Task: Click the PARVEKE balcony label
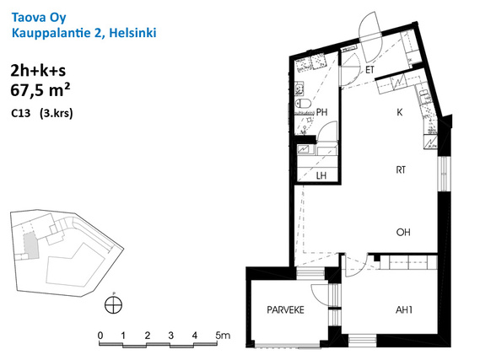click(x=285, y=310)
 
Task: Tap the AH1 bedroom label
click(x=404, y=310)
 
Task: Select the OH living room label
click(x=403, y=232)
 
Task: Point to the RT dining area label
click(x=401, y=169)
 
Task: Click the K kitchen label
click(x=400, y=112)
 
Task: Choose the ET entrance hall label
click(x=369, y=70)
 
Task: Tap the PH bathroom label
click(x=321, y=112)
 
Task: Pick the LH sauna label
click(x=321, y=175)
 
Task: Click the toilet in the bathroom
click(x=303, y=104)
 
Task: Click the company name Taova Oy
click(x=39, y=18)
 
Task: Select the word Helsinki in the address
click(x=132, y=33)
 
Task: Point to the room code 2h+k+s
click(x=38, y=71)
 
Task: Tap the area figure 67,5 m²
click(x=40, y=90)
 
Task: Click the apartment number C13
click(x=21, y=114)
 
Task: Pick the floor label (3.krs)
click(x=57, y=114)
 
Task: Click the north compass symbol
click(x=113, y=304)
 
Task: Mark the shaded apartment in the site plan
click(x=30, y=244)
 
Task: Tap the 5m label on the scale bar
click(x=223, y=336)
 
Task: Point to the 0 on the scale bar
click(x=100, y=336)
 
